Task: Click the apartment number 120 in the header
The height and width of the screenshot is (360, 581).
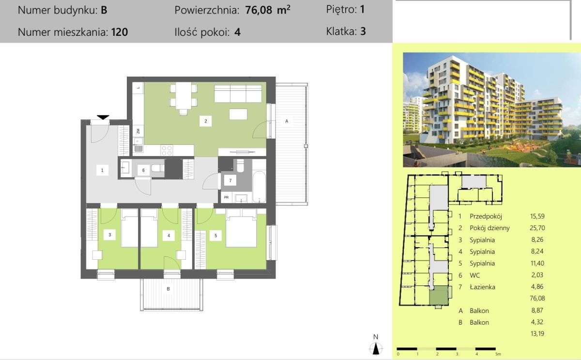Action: point(120,32)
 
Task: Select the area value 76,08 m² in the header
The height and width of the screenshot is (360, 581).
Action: point(268,10)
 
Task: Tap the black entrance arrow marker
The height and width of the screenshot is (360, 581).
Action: point(103,117)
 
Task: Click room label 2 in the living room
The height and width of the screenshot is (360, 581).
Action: point(205,121)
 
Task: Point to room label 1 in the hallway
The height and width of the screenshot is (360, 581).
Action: point(102,170)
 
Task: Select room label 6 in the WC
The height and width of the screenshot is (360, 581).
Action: point(143,170)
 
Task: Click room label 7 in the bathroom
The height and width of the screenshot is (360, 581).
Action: point(230,180)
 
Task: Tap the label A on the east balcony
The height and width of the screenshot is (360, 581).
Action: point(287,121)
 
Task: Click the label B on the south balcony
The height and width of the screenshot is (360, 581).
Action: point(168,289)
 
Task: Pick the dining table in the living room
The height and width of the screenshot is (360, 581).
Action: point(183,96)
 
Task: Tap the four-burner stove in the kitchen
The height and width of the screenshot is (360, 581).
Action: point(167,150)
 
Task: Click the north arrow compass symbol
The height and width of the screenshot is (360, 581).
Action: point(376,348)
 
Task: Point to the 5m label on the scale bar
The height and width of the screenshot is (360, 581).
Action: point(498,354)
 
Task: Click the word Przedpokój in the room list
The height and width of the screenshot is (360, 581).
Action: point(486,216)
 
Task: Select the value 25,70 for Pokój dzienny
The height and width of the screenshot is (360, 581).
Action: point(537,228)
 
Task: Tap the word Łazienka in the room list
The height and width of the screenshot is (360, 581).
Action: point(482,287)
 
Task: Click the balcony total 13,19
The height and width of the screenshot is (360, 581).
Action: point(537,333)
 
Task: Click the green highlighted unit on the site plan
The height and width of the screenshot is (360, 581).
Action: point(439,296)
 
